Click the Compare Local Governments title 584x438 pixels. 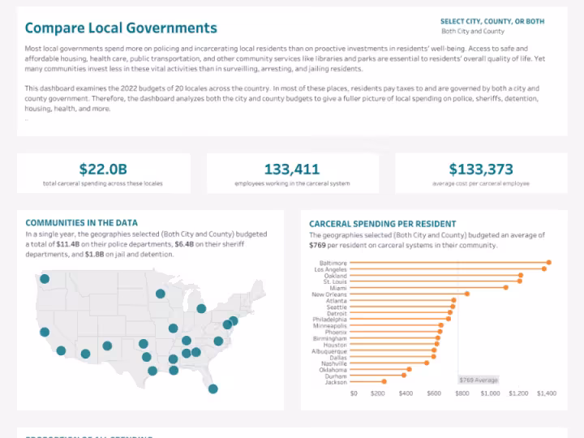pyautogui.click(x=121, y=28)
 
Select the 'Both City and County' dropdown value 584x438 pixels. pyautogui.click(x=473, y=32)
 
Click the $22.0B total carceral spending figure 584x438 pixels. pyautogui.click(x=103, y=170)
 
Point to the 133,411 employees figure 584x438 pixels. pyautogui.click(x=292, y=170)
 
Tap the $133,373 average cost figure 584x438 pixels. pyautogui.click(x=481, y=170)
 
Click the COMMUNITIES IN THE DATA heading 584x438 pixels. pyautogui.click(x=81, y=222)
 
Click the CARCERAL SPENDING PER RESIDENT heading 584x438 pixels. pyautogui.click(x=382, y=224)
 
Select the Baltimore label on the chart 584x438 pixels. pyautogui.click(x=333, y=263)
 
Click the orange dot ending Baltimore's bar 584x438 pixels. pyautogui.click(x=548, y=262)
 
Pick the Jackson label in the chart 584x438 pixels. pyautogui.click(x=336, y=381)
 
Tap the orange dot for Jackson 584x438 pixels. pyautogui.click(x=383, y=381)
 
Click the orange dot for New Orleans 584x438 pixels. pyautogui.click(x=467, y=294)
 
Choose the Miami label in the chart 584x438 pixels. pyautogui.click(x=338, y=288)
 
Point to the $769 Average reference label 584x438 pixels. pyautogui.click(x=478, y=380)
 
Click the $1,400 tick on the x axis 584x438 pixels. pyautogui.click(x=546, y=393)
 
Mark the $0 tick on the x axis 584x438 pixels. pyautogui.click(x=354, y=393)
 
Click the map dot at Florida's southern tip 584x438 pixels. pyautogui.click(x=213, y=389)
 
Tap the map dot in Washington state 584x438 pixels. pyautogui.click(x=45, y=278)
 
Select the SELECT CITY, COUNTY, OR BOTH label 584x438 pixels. pyautogui.click(x=492, y=21)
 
